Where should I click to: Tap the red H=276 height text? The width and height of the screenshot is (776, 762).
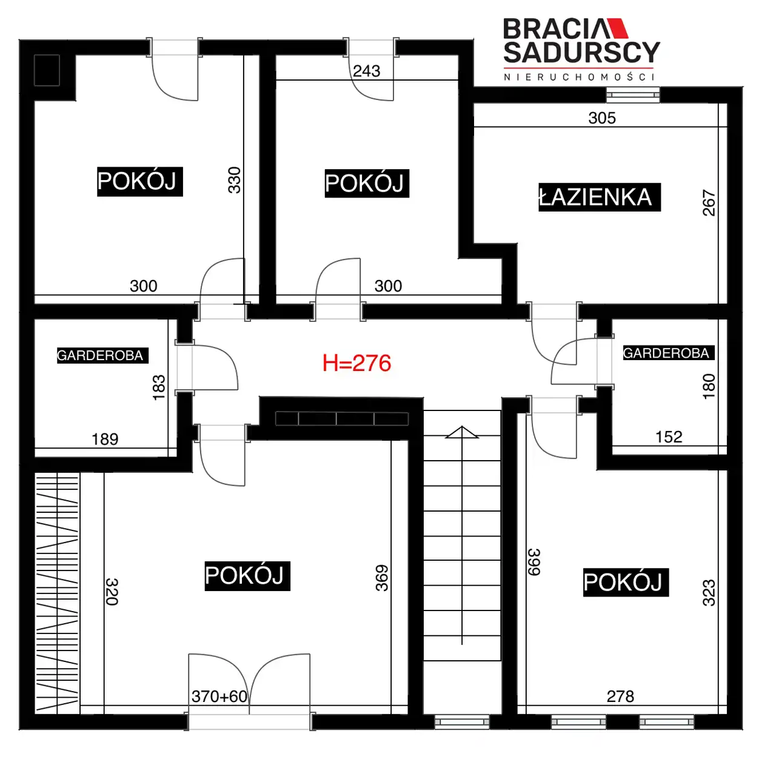356,363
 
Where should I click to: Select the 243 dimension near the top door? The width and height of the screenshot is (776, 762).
366,72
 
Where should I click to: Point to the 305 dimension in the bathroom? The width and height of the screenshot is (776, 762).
602,118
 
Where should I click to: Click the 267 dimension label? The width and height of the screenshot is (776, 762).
709,202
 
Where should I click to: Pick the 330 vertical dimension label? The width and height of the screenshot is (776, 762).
234,180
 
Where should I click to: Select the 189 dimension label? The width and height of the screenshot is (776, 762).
105,439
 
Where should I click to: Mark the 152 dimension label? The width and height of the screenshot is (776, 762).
669,437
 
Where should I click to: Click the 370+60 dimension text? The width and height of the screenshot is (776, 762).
219,697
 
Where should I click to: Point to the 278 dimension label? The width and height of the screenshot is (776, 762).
621,697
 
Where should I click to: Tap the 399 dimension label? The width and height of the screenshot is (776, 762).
534,562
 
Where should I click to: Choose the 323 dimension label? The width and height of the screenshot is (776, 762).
709,593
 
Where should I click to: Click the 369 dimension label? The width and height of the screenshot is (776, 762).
382,578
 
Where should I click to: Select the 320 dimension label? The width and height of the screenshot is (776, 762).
112,592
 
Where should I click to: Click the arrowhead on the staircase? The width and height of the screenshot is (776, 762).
462,432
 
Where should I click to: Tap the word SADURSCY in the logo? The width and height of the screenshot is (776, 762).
581,52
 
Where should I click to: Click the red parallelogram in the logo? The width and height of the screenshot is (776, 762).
617,28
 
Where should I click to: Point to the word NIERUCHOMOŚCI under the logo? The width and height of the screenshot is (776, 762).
579,76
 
